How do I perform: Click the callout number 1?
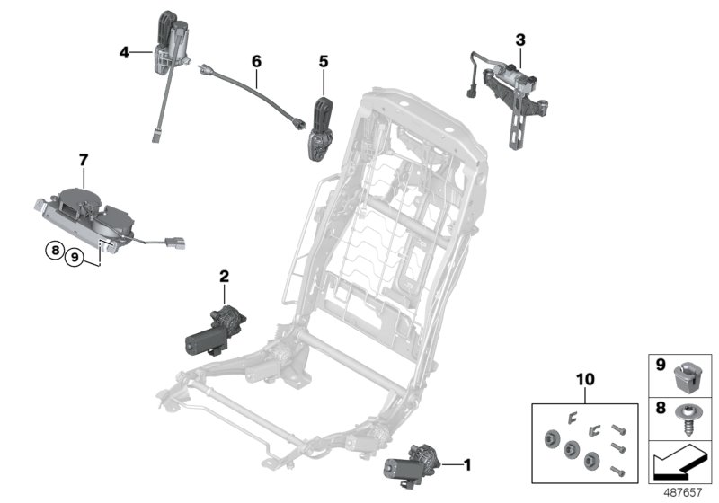(x=467, y=464)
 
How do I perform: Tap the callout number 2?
(x=223, y=279)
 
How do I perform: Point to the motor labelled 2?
(x=214, y=330)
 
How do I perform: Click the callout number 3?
(x=519, y=40)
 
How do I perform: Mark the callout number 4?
(x=124, y=52)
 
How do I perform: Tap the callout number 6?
(x=256, y=61)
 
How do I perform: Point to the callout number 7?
(x=83, y=160)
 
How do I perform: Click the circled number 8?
(x=56, y=252)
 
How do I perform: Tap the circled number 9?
(x=75, y=255)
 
